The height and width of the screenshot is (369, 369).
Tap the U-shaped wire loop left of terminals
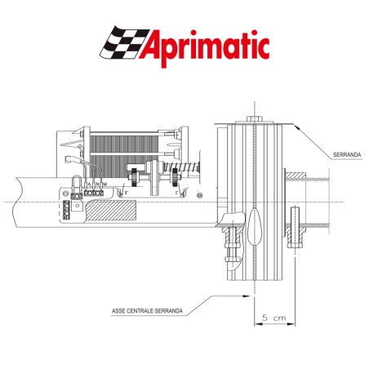(75, 183)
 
